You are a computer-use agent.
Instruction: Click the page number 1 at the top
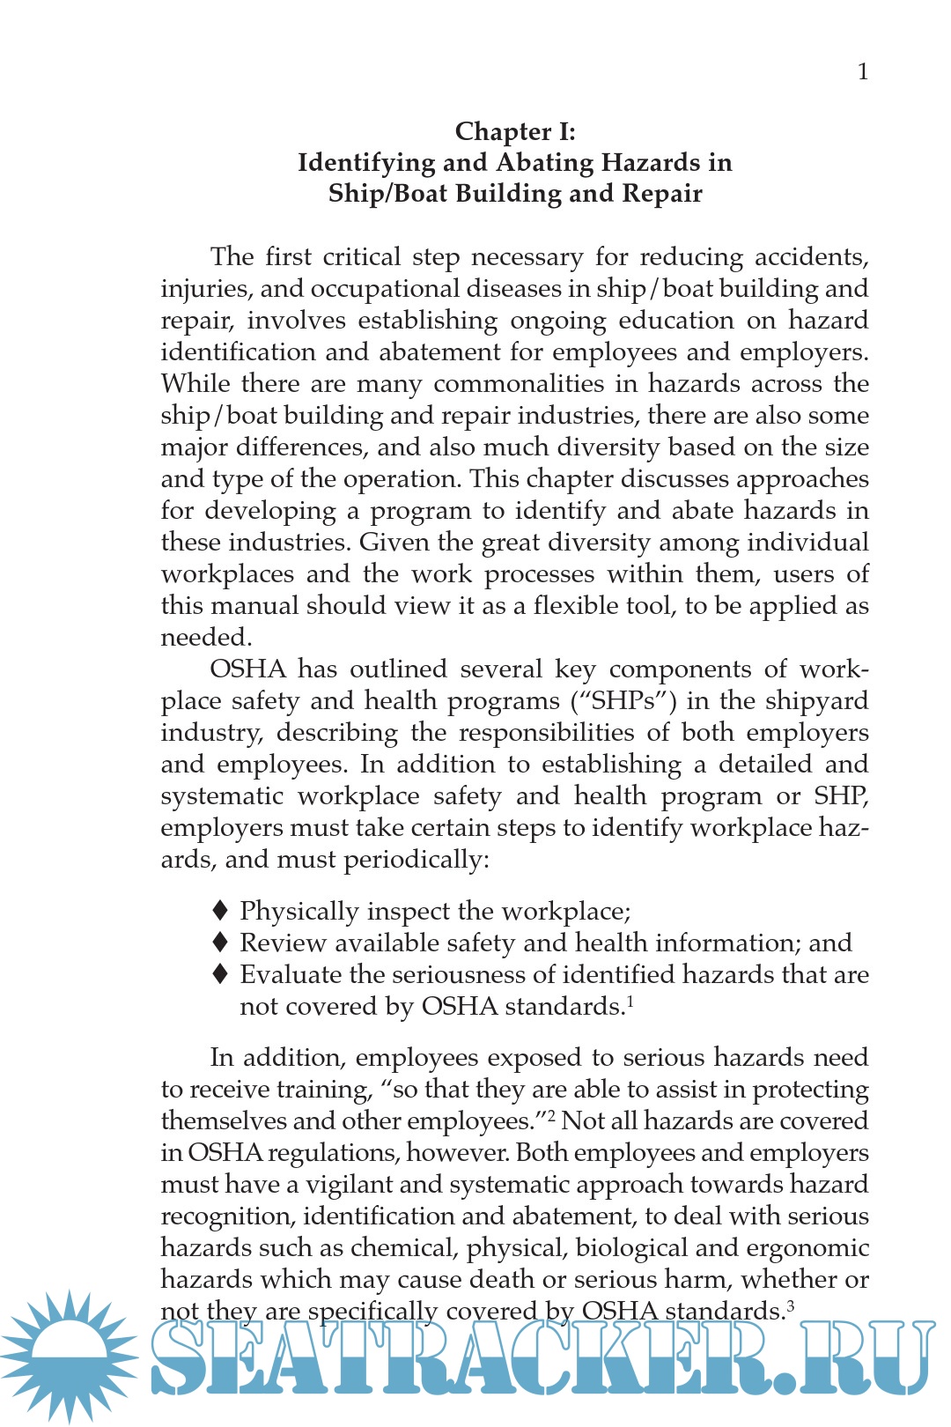(x=863, y=71)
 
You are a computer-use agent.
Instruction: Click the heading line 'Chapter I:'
(x=515, y=131)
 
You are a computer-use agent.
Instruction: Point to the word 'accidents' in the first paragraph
(x=811, y=257)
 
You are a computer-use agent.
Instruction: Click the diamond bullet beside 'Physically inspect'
(x=221, y=910)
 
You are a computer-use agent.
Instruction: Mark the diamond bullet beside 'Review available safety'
(x=221, y=942)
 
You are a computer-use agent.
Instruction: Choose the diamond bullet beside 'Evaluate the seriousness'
(x=221, y=973)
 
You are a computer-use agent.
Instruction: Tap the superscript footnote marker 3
(x=791, y=1305)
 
